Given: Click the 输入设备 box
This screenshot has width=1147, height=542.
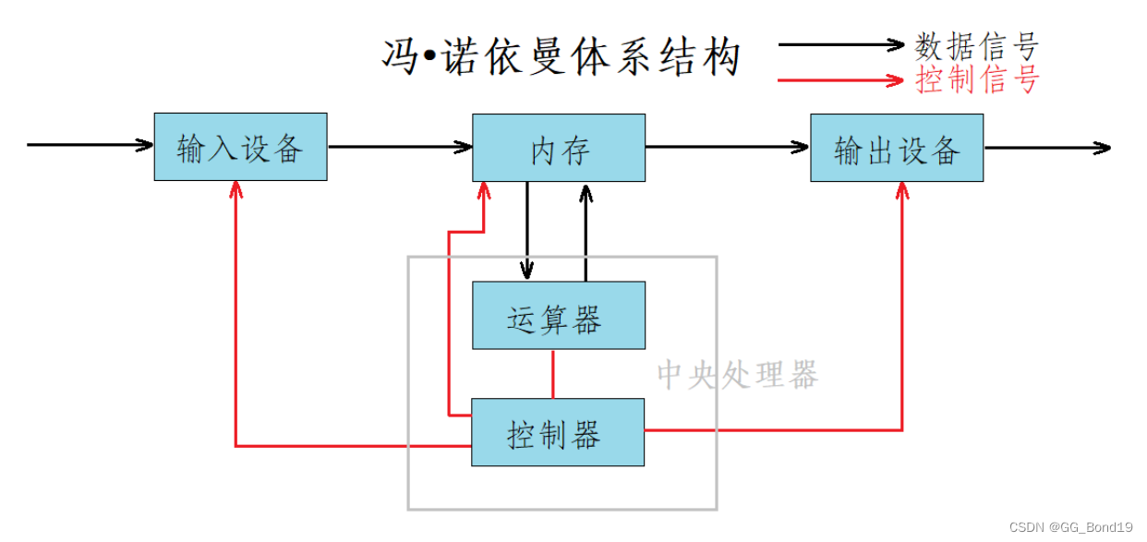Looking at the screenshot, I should click(240, 147).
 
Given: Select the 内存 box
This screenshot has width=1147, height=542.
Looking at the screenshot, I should click(559, 148).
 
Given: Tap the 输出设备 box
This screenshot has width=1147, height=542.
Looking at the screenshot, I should click(897, 148).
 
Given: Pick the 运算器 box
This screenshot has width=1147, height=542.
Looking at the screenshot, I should click(559, 316).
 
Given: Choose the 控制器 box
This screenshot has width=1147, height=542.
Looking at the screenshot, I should click(558, 432).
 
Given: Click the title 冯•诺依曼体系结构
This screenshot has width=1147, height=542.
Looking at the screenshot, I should click(561, 56).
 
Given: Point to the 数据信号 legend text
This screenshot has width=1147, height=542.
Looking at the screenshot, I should click(977, 45).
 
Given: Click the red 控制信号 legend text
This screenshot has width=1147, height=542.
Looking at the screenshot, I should click(977, 80).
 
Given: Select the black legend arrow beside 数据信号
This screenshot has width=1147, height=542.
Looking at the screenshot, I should click(840, 44).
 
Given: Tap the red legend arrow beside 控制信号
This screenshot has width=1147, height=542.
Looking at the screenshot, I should click(840, 80).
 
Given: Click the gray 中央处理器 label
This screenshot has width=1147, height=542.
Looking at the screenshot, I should click(737, 375).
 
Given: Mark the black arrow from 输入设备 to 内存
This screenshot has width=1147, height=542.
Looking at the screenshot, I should click(399, 146).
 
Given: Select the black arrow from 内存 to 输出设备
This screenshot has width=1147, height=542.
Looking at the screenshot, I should click(727, 147).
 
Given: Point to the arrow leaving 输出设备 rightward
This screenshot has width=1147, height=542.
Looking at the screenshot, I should click(1046, 148).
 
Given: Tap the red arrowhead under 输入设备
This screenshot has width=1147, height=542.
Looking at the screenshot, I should click(236, 188).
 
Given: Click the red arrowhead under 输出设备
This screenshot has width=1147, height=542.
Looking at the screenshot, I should click(902, 189).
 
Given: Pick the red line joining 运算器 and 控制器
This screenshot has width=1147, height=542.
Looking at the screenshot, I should click(553, 373).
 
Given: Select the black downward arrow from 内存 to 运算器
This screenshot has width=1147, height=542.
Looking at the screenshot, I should click(527, 231).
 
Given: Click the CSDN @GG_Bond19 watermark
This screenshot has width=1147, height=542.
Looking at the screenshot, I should click(1070, 527).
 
